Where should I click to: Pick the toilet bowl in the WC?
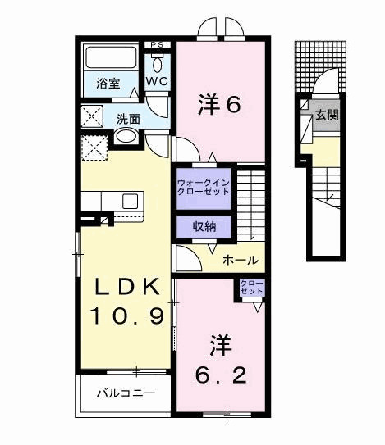point(158,62)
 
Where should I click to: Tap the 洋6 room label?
point(219,104)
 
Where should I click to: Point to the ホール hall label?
point(241,261)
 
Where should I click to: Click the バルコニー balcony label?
point(126,394)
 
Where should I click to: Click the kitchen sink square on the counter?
point(130,201)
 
